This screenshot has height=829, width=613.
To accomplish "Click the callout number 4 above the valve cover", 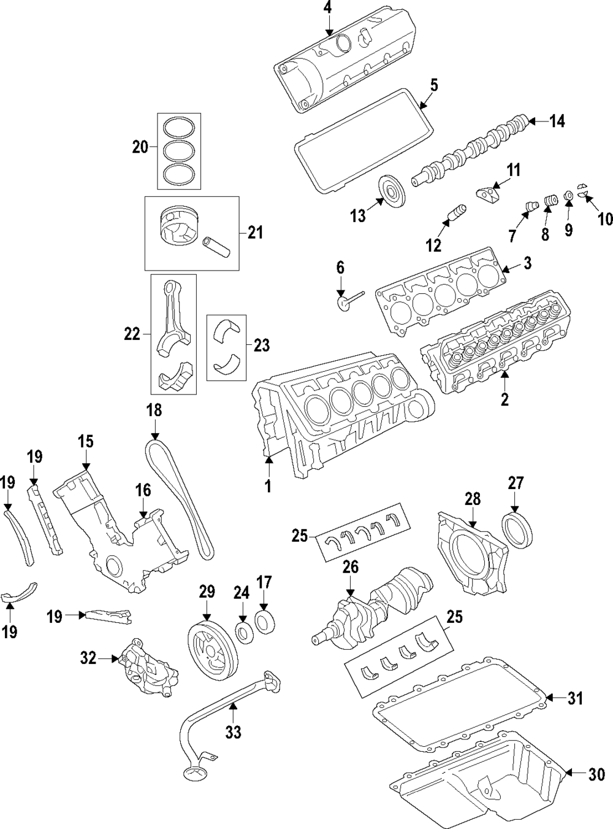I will tap(328, 8).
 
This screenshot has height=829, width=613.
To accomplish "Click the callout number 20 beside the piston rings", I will tap(140, 147).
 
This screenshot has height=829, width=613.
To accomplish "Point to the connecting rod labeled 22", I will tap(172, 319).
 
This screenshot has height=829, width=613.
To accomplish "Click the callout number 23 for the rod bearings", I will tap(262, 346).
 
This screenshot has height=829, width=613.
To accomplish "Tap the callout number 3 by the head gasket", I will tap(527, 264).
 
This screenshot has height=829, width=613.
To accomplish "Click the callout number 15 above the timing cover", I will tap(85, 441).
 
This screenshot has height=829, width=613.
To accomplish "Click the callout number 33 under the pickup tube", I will tap(233, 731).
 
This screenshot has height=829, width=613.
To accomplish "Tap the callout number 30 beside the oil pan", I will tap(596, 775).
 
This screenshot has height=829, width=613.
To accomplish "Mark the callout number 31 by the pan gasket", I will tap(575, 698).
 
